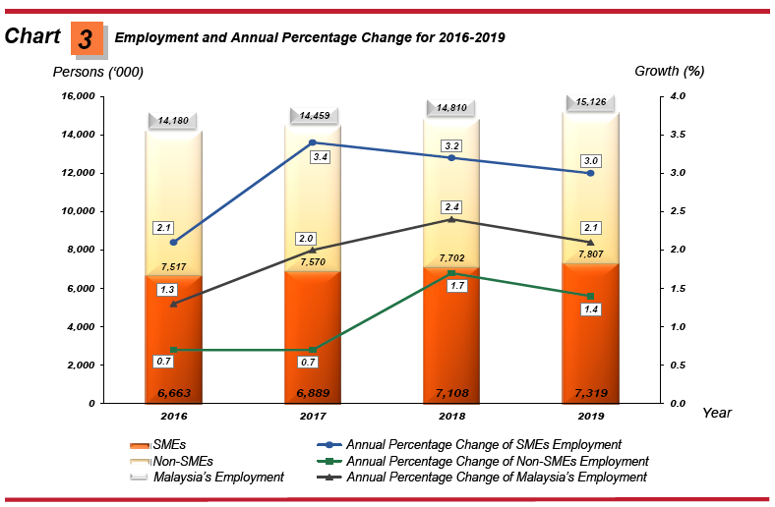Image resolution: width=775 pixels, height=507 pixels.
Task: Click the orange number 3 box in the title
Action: [87, 38]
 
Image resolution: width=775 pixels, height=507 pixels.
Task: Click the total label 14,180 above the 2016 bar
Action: [173, 120]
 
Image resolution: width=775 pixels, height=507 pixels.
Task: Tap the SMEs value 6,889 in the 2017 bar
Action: [313, 393]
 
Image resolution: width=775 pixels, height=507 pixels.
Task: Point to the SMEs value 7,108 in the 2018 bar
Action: [451, 393]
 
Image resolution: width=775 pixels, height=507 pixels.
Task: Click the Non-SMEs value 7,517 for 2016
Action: [172, 266]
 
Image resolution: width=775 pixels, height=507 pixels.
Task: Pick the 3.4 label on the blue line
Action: [320, 156]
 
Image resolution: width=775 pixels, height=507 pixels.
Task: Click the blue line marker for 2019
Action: [590, 173]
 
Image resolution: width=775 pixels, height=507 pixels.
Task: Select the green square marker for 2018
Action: [451, 273]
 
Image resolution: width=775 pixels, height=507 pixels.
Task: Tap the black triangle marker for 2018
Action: [451, 219]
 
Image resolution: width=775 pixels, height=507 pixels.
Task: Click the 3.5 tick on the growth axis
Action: [679, 135]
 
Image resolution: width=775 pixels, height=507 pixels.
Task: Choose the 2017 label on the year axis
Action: [313, 415]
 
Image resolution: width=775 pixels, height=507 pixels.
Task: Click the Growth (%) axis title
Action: [670, 71]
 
